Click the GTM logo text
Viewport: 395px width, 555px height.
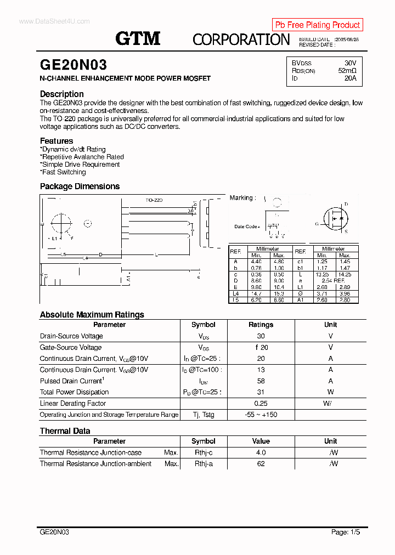(x=138, y=38)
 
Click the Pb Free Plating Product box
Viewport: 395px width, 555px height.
(x=317, y=25)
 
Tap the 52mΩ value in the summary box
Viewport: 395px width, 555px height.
(x=347, y=71)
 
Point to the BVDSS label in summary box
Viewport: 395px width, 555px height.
(x=301, y=63)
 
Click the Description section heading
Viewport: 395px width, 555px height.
(x=61, y=94)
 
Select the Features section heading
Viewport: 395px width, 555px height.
(x=56, y=141)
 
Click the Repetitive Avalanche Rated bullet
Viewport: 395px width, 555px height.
(x=82, y=157)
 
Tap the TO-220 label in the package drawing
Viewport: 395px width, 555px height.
(x=154, y=201)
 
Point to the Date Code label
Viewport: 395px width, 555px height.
(x=246, y=226)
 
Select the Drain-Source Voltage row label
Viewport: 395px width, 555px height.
(x=71, y=336)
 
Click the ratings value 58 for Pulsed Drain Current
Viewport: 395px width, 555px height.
(x=261, y=381)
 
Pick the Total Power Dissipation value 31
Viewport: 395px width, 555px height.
(x=261, y=392)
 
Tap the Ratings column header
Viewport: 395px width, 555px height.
(x=261, y=325)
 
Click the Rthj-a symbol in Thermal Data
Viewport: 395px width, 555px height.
(x=203, y=464)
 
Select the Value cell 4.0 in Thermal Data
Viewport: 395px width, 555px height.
(x=261, y=452)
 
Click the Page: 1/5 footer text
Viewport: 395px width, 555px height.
(x=346, y=532)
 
